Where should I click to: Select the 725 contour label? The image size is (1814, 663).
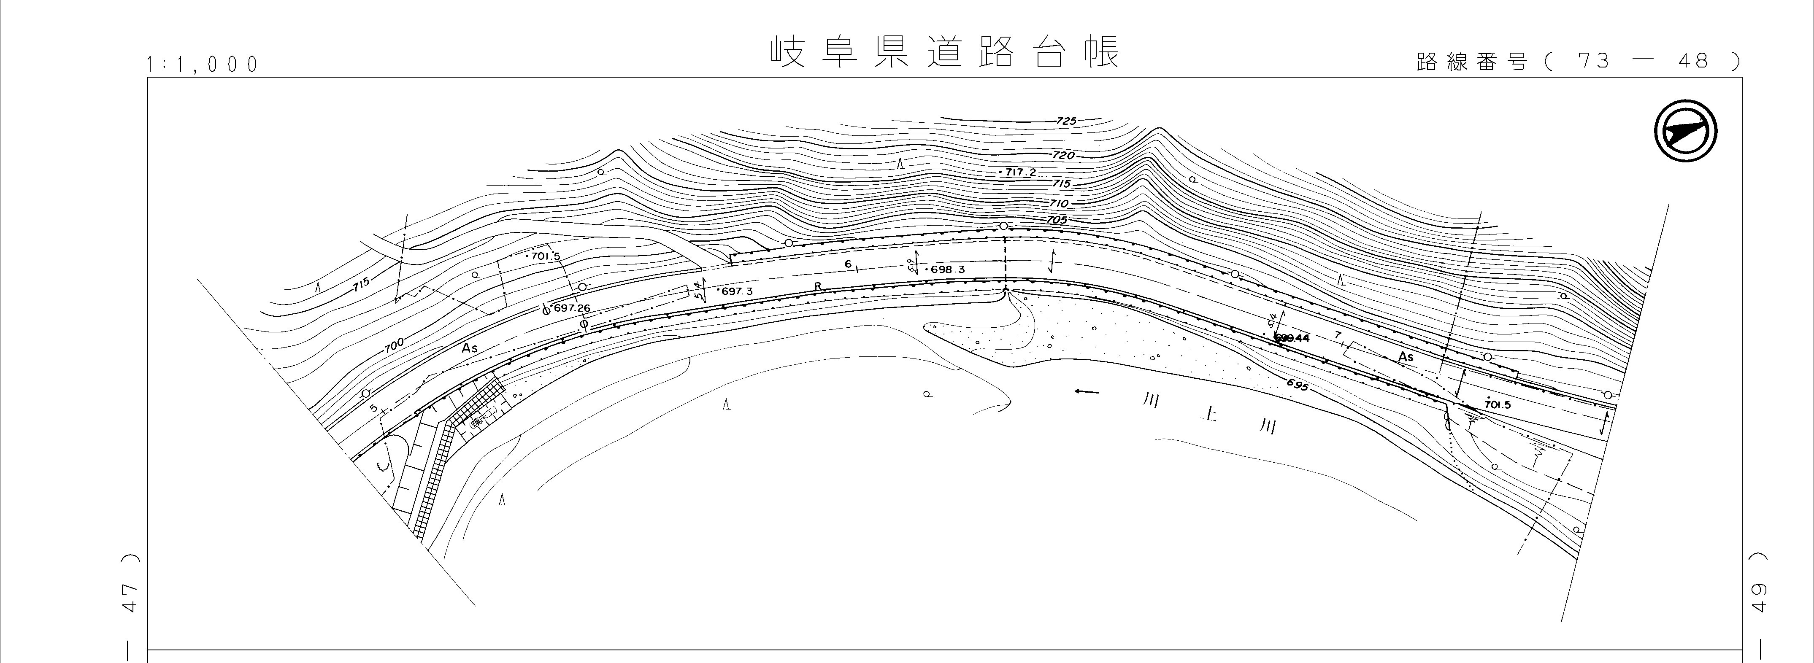click(1067, 121)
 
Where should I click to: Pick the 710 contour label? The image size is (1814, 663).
click(1058, 203)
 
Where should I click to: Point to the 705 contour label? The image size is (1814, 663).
click(1056, 220)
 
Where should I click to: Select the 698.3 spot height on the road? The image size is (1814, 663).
click(947, 270)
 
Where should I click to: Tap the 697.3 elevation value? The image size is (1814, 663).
click(737, 291)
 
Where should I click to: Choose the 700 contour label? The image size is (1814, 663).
click(395, 345)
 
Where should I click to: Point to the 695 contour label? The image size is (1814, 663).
click(1296, 385)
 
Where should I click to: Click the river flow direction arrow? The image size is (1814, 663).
click(1087, 392)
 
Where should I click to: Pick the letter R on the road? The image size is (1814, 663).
click(818, 286)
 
